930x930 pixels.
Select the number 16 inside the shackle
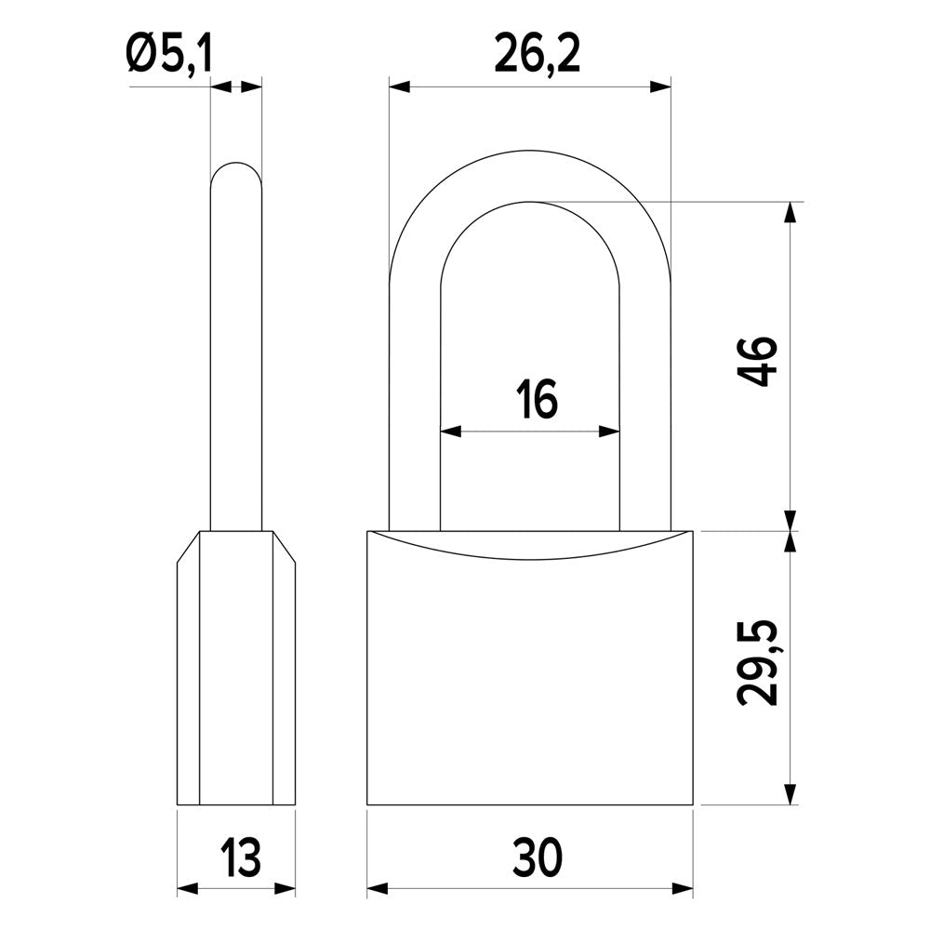coord(537,399)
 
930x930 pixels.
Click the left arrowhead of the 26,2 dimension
coord(399,87)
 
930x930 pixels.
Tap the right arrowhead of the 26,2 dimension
coord(660,87)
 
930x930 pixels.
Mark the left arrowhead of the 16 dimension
coord(451,432)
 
